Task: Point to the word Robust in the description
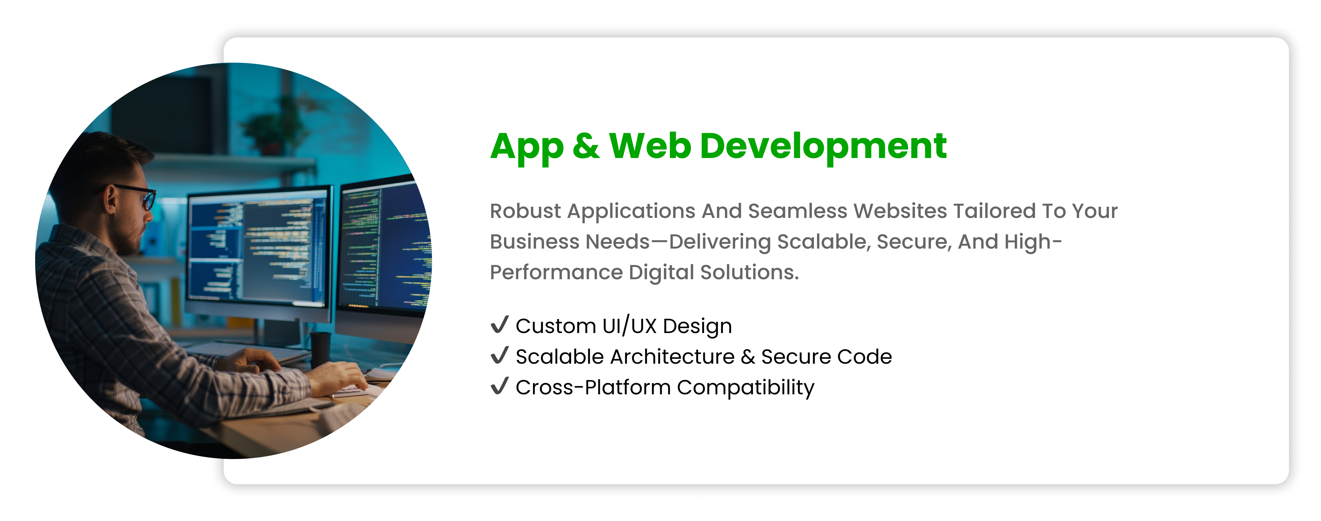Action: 525,211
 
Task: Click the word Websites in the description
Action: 900,211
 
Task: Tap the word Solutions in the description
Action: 750,272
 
